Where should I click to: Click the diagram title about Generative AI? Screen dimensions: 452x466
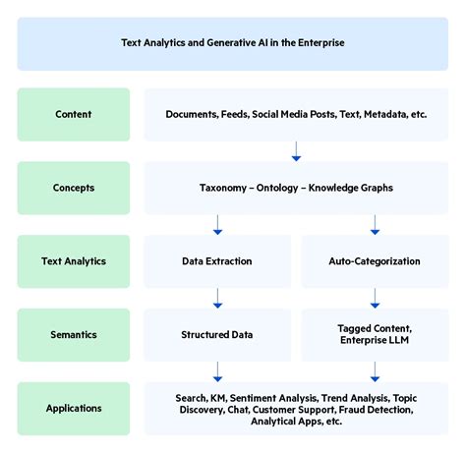pos(232,43)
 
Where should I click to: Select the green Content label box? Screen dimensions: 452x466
pos(73,114)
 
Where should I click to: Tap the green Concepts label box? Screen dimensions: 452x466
pos(73,188)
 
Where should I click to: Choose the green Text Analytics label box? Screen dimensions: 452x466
pos(73,261)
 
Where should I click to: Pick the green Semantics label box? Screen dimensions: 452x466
pos(73,335)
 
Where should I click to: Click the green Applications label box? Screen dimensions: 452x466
pos(73,408)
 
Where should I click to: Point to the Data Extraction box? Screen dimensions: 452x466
pos(217,261)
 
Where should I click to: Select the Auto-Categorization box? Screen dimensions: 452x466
pos(376,261)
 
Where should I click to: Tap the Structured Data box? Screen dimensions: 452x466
pos(217,335)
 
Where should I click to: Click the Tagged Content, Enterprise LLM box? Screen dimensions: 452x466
pos(376,335)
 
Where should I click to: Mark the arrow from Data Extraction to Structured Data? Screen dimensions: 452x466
pos(217,298)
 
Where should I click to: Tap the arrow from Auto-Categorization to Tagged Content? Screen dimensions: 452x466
pos(376,298)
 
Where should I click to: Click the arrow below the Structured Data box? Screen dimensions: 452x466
pos(217,370)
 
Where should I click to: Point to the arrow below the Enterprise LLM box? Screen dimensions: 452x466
pos(376,370)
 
